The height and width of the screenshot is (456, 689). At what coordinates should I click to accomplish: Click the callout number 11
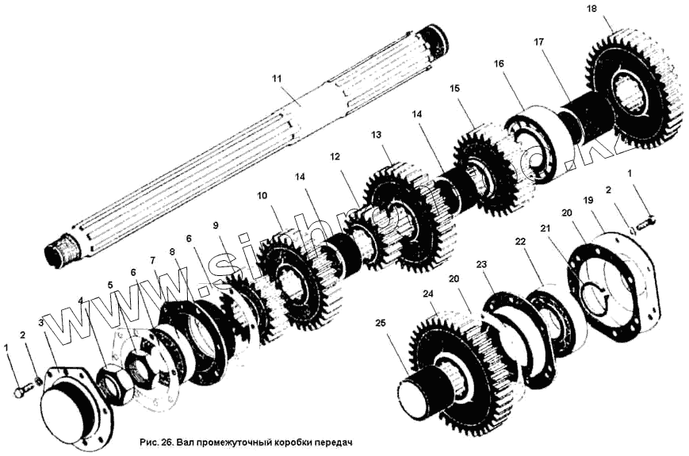pyautogui.click(x=276, y=79)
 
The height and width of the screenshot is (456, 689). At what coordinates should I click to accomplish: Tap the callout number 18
pyautogui.click(x=614, y=9)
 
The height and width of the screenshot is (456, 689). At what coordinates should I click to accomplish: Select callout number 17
pyautogui.click(x=538, y=41)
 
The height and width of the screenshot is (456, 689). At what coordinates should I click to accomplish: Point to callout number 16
pyautogui.click(x=498, y=63)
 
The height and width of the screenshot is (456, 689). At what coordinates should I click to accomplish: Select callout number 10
pyautogui.click(x=262, y=194)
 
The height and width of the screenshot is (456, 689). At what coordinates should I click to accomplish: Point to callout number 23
pyautogui.click(x=480, y=264)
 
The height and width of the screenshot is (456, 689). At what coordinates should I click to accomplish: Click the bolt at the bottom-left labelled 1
pyautogui.click(x=20, y=390)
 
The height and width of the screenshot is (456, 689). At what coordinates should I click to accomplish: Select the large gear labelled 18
pyautogui.click(x=634, y=95)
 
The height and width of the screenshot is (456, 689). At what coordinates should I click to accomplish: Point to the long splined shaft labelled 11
pyautogui.click(x=238, y=151)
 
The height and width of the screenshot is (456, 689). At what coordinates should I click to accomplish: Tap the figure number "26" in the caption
pyautogui.click(x=168, y=442)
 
